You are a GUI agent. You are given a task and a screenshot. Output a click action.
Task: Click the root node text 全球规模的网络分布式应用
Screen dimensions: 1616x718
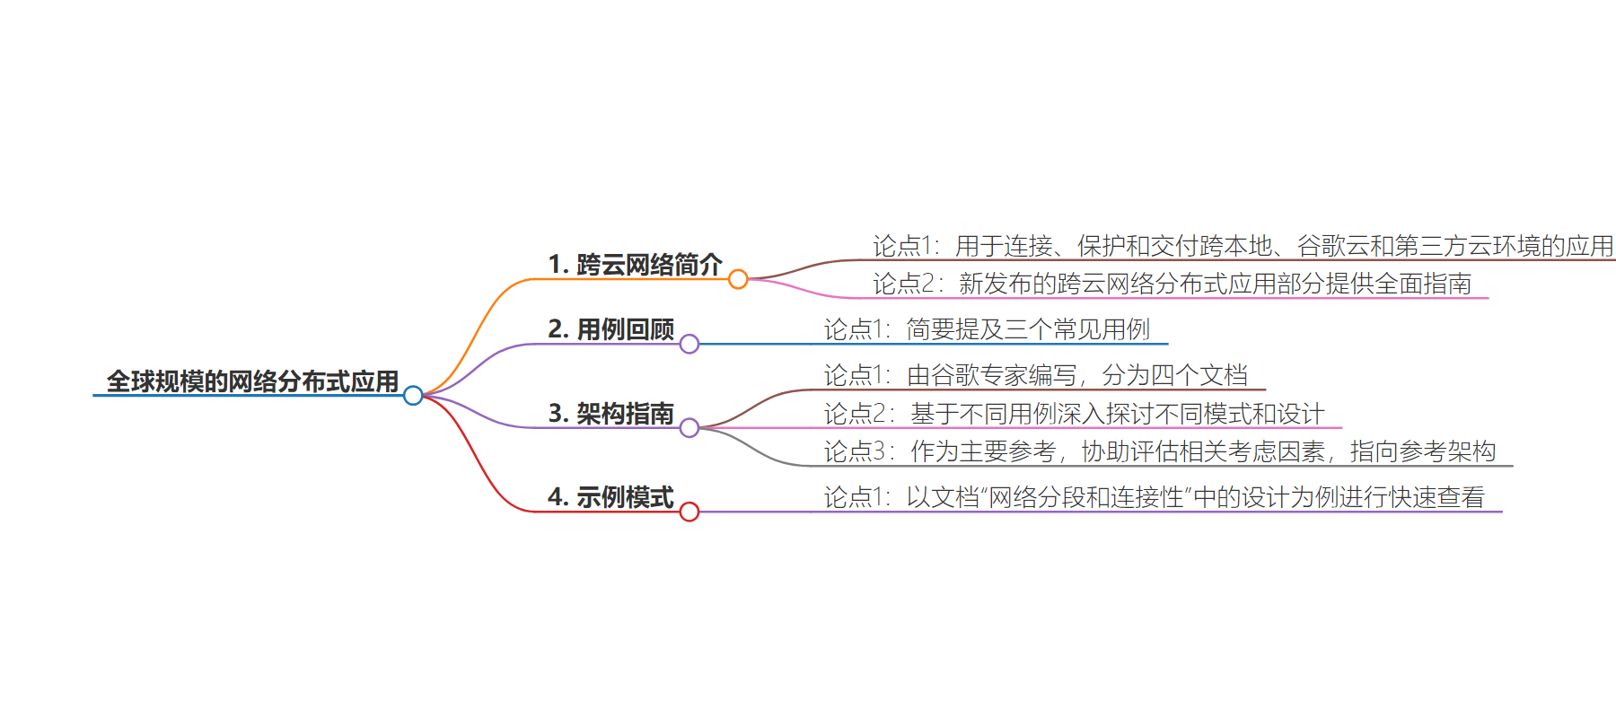pyautogui.click(x=252, y=381)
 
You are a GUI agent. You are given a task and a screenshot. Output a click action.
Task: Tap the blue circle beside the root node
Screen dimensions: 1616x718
pyautogui.click(x=413, y=395)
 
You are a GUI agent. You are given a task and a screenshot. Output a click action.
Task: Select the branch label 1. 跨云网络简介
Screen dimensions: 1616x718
pyautogui.click(x=635, y=265)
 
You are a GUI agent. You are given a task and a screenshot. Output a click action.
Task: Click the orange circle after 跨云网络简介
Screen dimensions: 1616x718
pyautogui.click(x=738, y=279)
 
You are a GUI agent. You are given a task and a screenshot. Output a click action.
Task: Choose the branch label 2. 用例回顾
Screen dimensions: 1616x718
pyautogui.click(x=610, y=329)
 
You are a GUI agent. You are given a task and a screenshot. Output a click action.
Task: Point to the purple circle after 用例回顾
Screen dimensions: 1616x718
pyautogui.click(x=689, y=344)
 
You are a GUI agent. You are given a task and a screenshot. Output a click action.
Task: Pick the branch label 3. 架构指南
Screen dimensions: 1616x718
pyautogui.click(x=610, y=414)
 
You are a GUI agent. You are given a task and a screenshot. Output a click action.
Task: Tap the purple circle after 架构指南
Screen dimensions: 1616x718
pyautogui.click(x=689, y=428)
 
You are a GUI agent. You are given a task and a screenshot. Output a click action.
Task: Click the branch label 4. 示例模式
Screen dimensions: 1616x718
pyautogui.click(x=610, y=497)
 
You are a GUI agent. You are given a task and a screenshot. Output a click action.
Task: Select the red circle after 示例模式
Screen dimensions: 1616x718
pyautogui.click(x=689, y=512)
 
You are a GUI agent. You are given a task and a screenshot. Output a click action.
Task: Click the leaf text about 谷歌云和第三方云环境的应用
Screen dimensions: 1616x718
pyautogui.click(x=1243, y=246)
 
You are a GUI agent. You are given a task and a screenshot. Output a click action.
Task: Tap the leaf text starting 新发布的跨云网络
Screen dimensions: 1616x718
pyautogui.click(x=1172, y=284)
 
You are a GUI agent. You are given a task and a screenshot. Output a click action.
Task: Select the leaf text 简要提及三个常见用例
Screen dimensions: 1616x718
pyautogui.click(x=987, y=329)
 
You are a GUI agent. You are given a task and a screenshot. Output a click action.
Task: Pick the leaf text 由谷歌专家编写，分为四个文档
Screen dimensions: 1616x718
pyautogui.click(x=1036, y=375)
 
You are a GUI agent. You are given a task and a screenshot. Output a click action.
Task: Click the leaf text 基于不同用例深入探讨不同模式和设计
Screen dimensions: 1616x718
pyautogui.click(x=1075, y=414)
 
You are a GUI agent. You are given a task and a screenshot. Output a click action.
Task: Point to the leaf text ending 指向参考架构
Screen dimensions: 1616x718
pyautogui.click(x=1160, y=451)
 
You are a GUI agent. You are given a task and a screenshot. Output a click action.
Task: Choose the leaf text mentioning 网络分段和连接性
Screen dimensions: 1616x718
pyautogui.click(x=1155, y=497)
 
